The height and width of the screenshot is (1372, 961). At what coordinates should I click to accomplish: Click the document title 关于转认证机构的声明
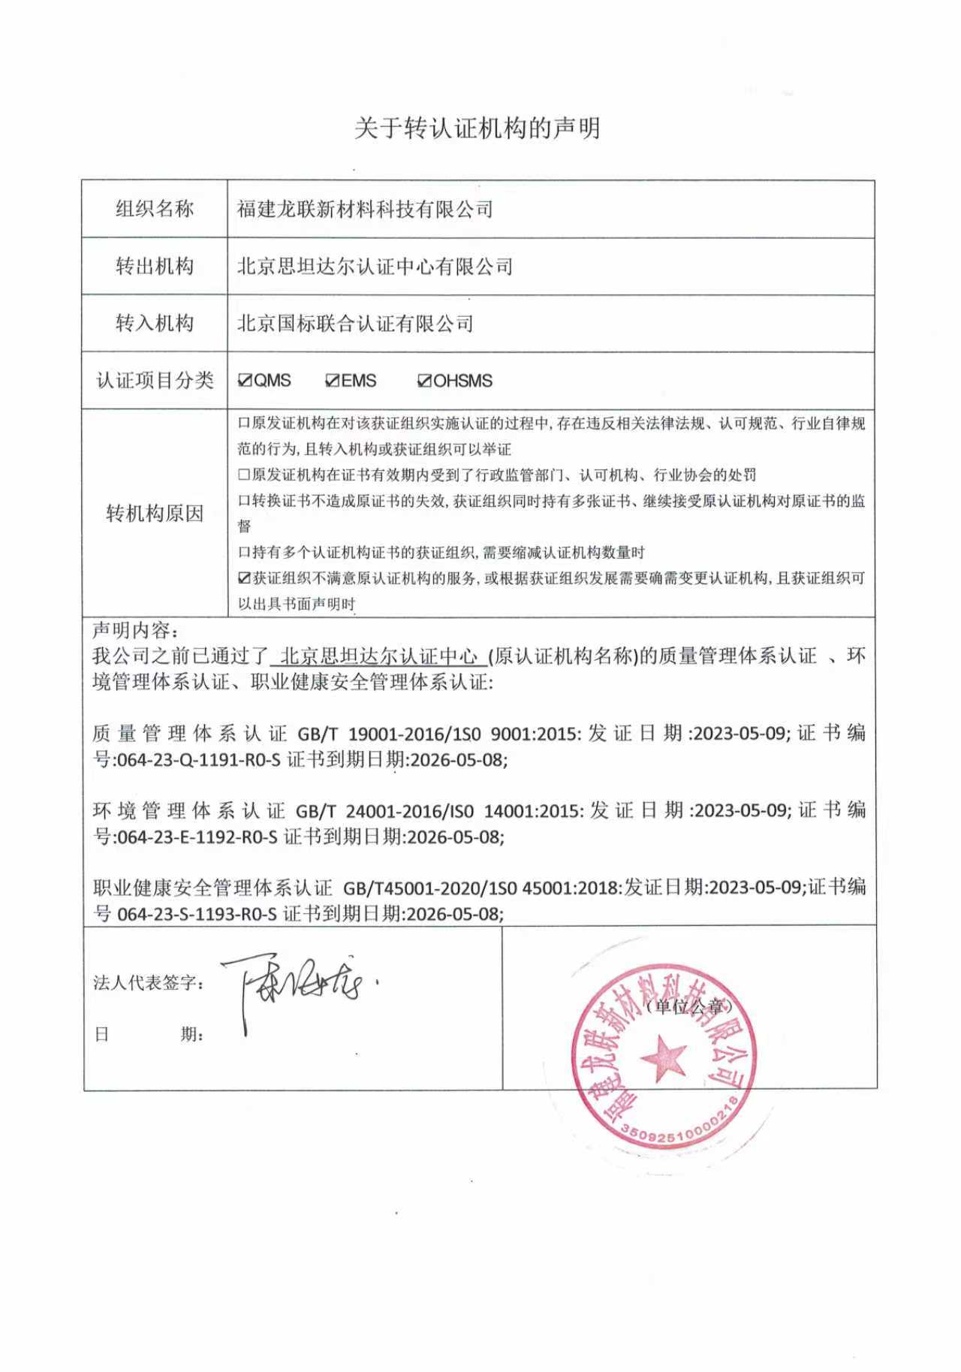point(477,128)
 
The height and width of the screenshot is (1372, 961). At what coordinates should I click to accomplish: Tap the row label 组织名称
point(155,209)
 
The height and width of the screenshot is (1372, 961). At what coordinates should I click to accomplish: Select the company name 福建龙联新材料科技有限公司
point(365,209)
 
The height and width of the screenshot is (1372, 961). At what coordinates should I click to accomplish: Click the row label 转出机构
point(155,266)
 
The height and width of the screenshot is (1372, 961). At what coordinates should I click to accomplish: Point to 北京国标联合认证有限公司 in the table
point(355,324)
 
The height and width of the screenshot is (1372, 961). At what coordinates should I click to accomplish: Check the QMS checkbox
point(245,381)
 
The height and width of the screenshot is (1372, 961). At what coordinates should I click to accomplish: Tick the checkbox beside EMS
point(333,381)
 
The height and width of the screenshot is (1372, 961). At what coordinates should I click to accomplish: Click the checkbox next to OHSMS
point(424,381)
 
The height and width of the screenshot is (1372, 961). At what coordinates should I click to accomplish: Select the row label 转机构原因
point(155,514)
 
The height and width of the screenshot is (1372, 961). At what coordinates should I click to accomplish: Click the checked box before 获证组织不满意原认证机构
point(244,578)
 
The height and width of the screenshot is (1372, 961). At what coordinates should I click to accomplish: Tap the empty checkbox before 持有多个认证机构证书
point(244,553)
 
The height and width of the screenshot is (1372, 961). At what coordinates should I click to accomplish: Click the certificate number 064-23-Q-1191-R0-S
point(199,760)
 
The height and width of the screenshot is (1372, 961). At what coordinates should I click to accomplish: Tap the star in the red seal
point(663,1058)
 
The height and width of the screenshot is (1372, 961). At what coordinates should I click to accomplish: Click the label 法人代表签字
point(148,983)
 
